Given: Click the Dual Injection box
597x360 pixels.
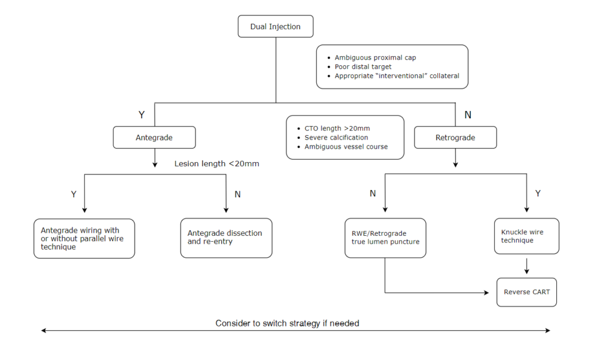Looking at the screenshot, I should click(x=275, y=27).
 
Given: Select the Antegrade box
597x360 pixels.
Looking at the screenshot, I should click(x=154, y=138).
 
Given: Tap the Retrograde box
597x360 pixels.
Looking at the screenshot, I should click(x=455, y=138).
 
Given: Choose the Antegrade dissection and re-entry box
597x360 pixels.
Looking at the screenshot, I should click(x=226, y=238).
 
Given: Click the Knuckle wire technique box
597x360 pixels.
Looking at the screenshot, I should click(x=526, y=236).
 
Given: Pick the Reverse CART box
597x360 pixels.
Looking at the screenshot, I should click(x=526, y=292).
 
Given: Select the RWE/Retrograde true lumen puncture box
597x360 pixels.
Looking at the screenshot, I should click(x=385, y=238).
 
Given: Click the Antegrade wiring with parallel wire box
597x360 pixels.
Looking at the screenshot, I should click(x=84, y=238).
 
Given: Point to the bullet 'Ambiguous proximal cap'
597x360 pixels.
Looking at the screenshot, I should click(x=375, y=58).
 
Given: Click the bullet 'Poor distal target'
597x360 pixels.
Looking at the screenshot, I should click(x=363, y=67).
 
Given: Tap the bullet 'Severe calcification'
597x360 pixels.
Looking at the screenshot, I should click(x=336, y=138).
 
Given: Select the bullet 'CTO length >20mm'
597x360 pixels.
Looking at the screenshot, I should click(x=337, y=129).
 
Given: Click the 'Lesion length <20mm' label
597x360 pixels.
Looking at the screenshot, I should click(x=217, y=163).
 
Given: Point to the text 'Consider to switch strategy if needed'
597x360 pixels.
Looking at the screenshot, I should click(x=287, y=323).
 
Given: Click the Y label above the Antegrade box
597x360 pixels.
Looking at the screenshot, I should click(x=141, y=115).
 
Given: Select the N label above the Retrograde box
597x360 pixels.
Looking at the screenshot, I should click(x=468, y=115).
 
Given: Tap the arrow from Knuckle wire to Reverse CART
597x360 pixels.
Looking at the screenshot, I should click(x=526, y=266).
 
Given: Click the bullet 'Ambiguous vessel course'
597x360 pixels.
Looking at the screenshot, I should click(x=346, y=147).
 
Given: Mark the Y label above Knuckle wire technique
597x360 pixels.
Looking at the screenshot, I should click(x=537, y=194).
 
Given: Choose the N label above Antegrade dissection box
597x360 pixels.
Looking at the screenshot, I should click(x=238, y=194).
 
